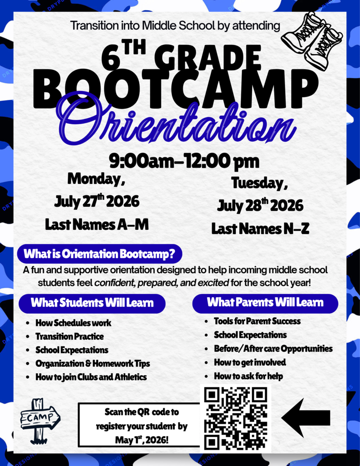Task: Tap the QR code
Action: (x=235, y=418)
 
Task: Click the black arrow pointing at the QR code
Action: (x=306, y=417)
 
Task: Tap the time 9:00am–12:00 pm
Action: (x=184, y=161)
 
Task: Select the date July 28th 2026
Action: (x=260, y=205)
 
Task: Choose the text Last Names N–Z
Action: (x=260, y=228)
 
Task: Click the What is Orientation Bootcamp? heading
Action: (x=99, y=253)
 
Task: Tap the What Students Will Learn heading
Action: (x=92, y=303)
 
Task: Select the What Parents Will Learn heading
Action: (x=265, y=302)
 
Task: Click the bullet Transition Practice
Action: (x=70, y=337)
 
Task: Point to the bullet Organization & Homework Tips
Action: (x=93, y=364)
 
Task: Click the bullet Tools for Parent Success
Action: (x=257, y=321)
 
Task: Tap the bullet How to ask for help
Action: (x=248, y=376)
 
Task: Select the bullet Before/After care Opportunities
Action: (x=273, y=349)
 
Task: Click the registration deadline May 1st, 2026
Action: (x=142, y=441)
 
